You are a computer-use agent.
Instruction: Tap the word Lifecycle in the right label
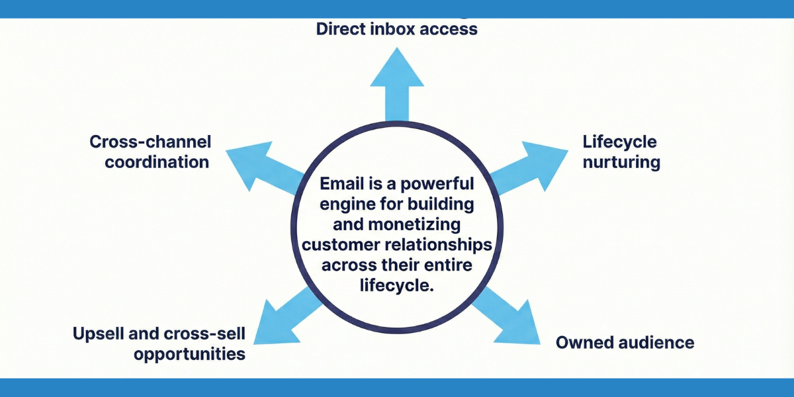coord(619,142)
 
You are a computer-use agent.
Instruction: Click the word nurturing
coord(621,162)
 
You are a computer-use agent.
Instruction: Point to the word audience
coord(658,342)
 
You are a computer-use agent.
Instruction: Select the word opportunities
coord(189,354)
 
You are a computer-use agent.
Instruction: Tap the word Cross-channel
coord(150,142)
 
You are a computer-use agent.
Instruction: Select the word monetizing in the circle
coord(410,224)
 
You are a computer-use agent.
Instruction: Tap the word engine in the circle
coord(341,204)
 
